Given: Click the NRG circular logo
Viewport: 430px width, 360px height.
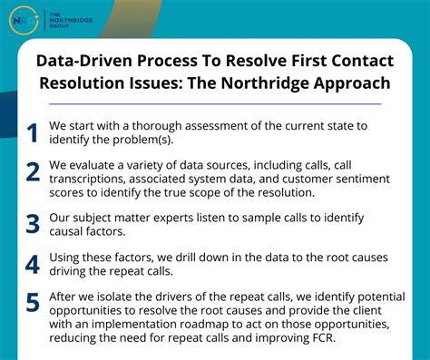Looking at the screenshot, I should coord(24,20).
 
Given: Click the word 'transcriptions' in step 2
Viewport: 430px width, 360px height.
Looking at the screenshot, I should coord(94,180).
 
